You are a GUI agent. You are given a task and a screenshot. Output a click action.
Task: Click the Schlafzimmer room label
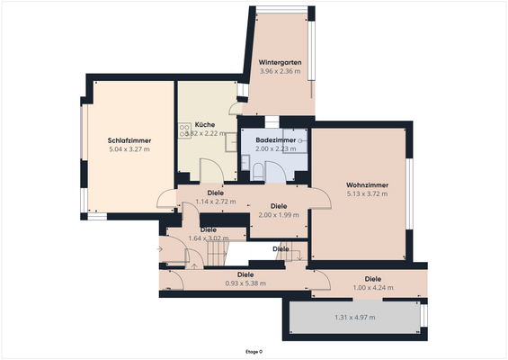(x=129, y=140)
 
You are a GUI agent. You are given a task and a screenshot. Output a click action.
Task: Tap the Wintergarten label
(x=280, y=62)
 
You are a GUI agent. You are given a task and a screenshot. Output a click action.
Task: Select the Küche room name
(x=204, y=124)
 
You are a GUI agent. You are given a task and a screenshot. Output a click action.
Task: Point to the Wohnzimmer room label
(x=366, y=184)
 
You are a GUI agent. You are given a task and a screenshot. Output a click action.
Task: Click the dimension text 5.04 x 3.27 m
(x=129, y=149)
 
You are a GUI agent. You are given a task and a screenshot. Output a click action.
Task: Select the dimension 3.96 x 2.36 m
(x=280, y=71)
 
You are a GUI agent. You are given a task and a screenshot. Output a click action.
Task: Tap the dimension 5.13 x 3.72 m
(x=366, y=193)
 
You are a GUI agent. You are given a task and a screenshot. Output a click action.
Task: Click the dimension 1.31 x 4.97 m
(x=354, y=317)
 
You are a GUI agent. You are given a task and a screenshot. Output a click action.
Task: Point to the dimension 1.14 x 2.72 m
(x=215, y=202)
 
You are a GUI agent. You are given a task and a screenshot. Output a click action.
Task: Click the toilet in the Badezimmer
(x=258, y=174)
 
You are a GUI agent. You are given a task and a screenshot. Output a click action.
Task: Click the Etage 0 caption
(x=254, y=351)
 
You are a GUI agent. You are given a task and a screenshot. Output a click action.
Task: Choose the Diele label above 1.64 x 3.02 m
(x=209, y=229)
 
